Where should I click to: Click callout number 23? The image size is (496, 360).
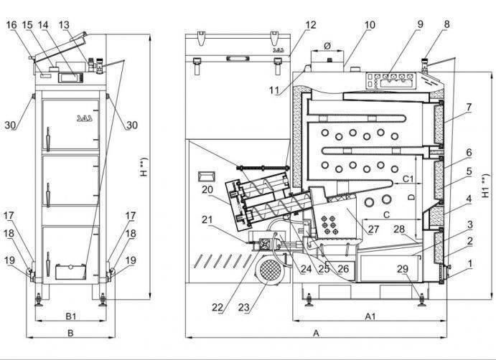(x=244, y=307)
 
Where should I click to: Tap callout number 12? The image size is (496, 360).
(x=310, y=24)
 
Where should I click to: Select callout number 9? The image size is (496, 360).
(x=419, y=24)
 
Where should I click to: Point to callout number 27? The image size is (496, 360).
(x=373, y=229)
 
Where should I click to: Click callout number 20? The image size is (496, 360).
(x=207, y=189)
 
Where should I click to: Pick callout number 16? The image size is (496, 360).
(x=11, y=24)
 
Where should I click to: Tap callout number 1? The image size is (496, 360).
(x=470, y=263)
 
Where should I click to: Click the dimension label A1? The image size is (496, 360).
(x=370, y=316)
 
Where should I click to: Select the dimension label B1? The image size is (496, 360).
(x=70, y=316)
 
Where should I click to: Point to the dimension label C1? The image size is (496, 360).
(x=408, y=179)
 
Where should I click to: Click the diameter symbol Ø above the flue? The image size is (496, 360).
(x=327, y=46)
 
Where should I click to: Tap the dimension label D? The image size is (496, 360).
(x=411, y=197)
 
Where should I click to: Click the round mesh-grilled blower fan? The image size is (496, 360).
(x=268, y=270)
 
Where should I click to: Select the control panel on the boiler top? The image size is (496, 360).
(x=390, y=80)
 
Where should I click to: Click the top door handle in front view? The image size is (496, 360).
(x=48, y=139)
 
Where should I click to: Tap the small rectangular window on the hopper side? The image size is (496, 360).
(x=207, y=176)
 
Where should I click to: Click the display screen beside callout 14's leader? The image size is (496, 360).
(x=70, y=77)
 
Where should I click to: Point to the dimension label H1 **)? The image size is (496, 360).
(x=485, y=186)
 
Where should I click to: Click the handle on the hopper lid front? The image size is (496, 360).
(x=238, y=59)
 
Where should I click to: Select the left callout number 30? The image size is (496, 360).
(x=10, y=125)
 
